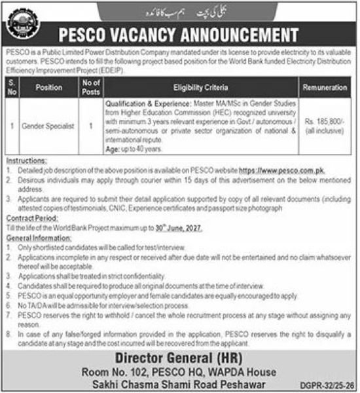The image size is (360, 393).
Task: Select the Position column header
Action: [48, 86]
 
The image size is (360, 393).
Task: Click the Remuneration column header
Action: [326, 86]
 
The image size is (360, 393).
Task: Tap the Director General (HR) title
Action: [179, 358]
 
